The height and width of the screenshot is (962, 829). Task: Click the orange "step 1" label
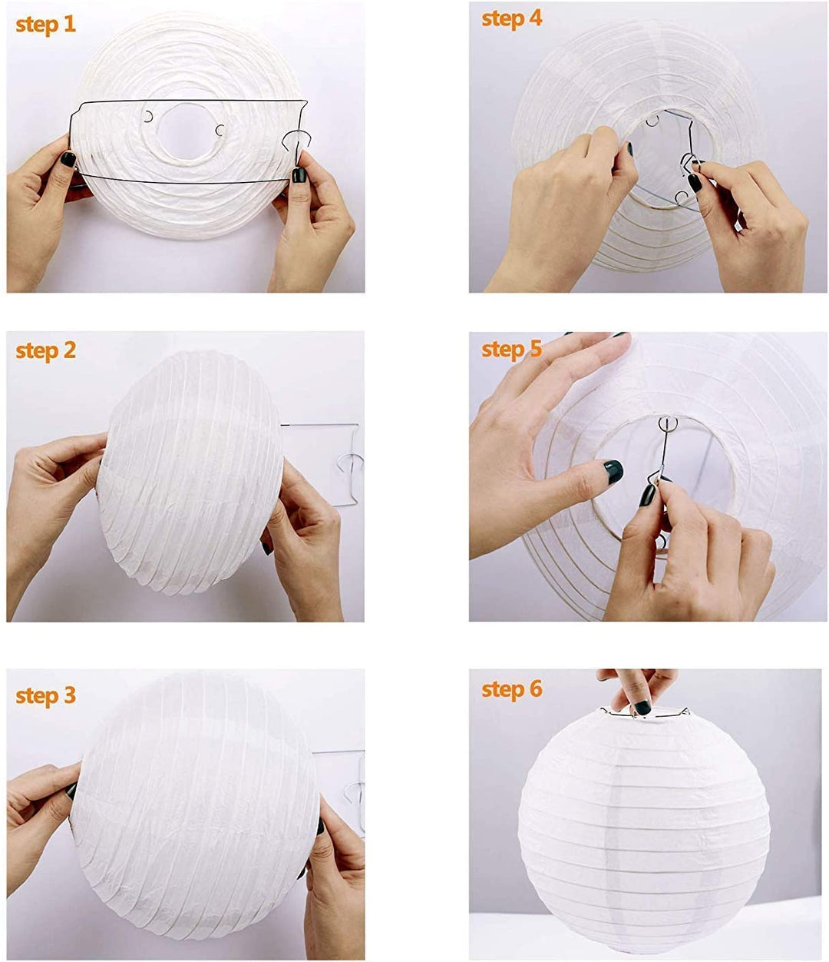coord(46,24)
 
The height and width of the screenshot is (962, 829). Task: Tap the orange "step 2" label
coord(46,350)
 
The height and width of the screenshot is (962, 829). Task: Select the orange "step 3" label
coord(46,696)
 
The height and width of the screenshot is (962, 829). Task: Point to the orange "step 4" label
coord(512,18)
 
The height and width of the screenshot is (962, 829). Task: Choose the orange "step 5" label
coord(512,349)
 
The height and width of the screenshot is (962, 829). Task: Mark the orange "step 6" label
coord(512,689)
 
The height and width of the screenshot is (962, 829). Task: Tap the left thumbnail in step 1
coord(68,160)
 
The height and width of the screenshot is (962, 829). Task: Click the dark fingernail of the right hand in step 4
coord(695,183)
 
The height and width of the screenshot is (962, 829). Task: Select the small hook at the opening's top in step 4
coord(652,121)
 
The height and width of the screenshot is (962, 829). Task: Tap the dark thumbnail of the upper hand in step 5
coord(613,471)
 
